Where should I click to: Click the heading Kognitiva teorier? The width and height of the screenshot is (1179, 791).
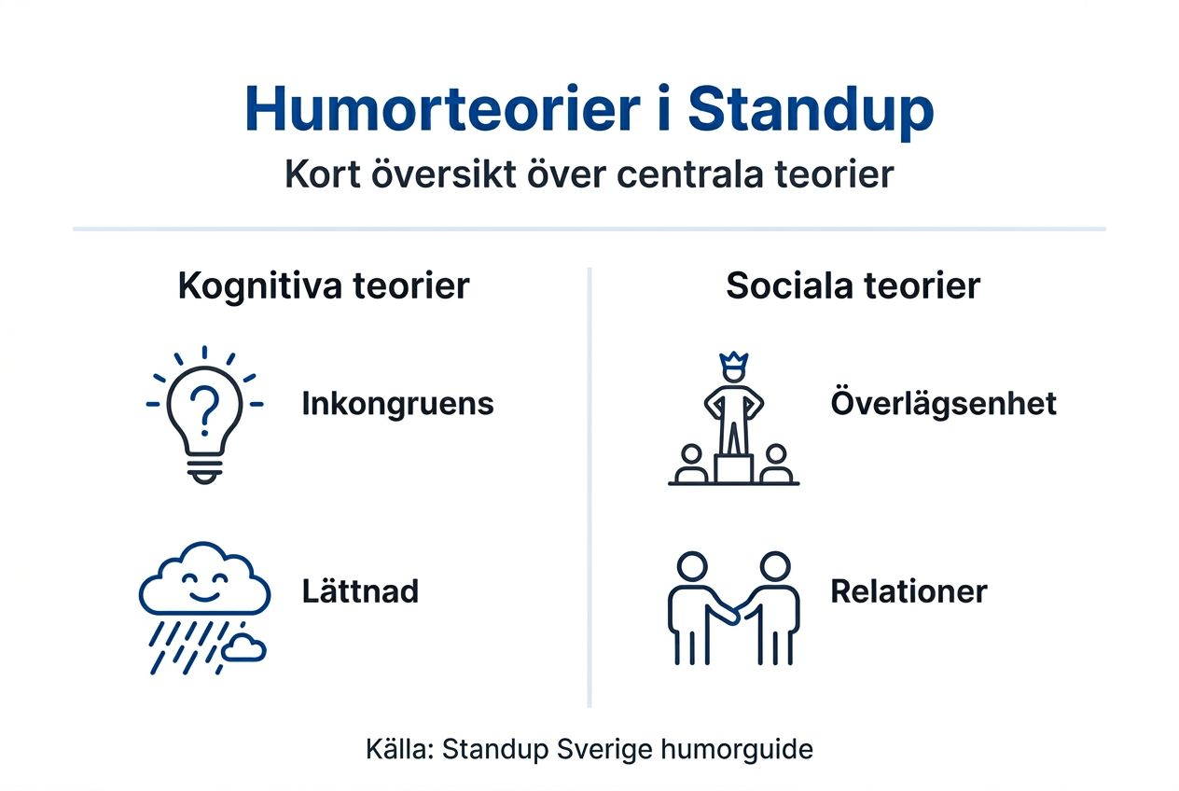[x=323, y=286]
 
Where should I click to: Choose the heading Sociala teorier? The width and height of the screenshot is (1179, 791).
[x=853, y=286]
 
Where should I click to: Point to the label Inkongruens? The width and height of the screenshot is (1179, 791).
[x=397, y=404]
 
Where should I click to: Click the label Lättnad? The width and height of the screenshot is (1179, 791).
[x=360, y=591]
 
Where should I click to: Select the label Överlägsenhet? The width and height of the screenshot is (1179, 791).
[x=943, y=404]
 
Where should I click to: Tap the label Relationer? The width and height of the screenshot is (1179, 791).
[x=909, y=591]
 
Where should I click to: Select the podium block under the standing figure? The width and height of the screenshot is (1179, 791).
[x=733, y=467]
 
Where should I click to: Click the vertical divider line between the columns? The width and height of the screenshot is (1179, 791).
[x=589, y=485]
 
